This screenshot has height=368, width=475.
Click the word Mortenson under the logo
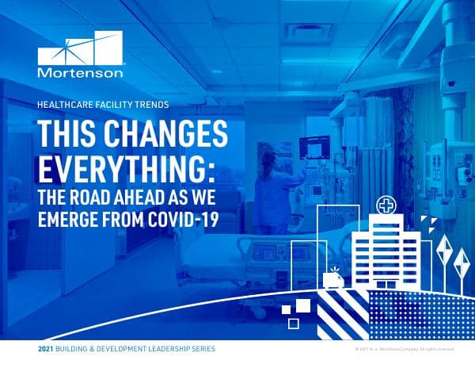81,72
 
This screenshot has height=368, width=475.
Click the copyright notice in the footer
404,349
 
